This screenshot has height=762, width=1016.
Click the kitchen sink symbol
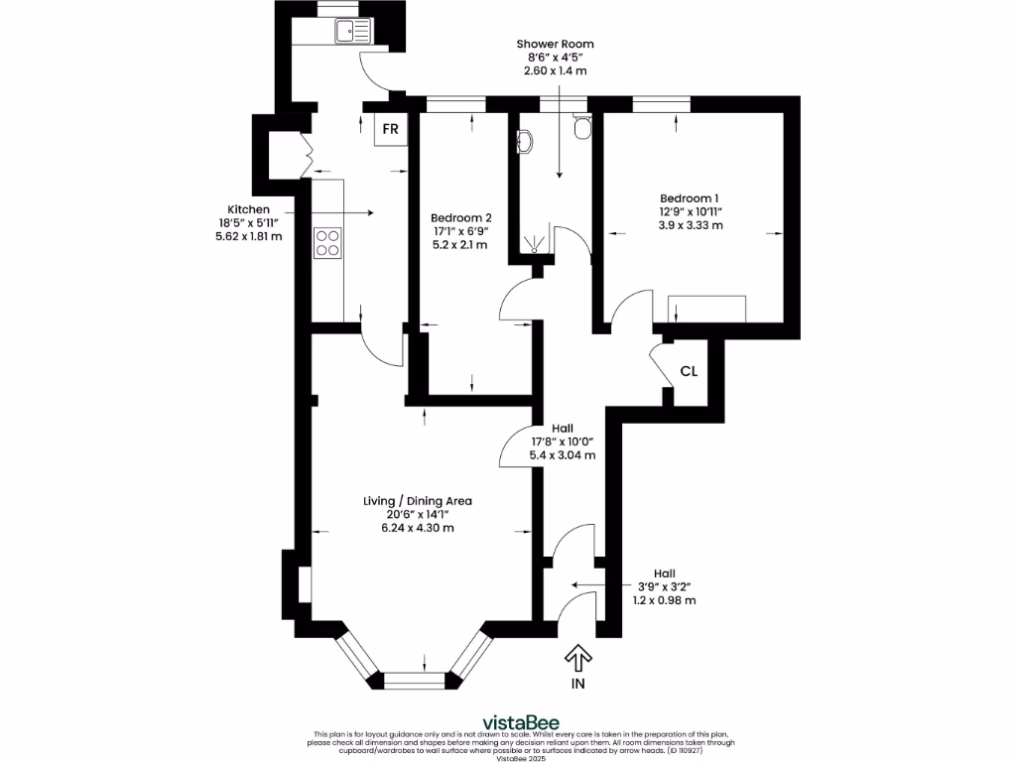pyautogui.click(x=352, y=32)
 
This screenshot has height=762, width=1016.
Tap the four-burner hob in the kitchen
pyautogui.click(x=327, y=243)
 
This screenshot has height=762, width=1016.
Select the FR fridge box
pyautogui.click(x=391, y=130)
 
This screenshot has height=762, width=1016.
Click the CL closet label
pyautogui.click(x=689, y=372)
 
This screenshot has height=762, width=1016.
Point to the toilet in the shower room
pyautogui.click(x=583, y=126)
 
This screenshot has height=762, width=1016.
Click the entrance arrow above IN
pyautogui.click(x=577, y=658)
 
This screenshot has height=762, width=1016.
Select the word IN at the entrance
pyautogui.click(x=577, y=685)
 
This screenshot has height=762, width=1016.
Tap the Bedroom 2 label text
pyautogui.click(x=460, y=217)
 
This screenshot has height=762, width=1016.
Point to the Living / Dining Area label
pyautogui.click(x=417, y=501)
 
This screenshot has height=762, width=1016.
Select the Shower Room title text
pyautogui.click(x=556, y=44)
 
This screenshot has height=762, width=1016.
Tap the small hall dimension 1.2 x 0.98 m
pyautogui.click(x=664, y=600)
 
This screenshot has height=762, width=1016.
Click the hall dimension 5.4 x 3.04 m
pyautogui.click(x=563, y=455)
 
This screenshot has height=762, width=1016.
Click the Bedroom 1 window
pyautogui.click(x=662, y=102)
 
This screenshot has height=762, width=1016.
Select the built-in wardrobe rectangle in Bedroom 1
pyautogui.click(x=706, y=310)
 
